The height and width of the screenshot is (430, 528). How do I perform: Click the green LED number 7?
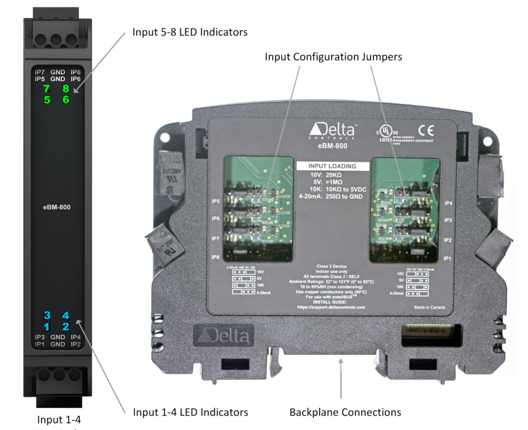[x=46, y=89]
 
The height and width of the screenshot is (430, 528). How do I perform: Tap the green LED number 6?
[x=65, y=100]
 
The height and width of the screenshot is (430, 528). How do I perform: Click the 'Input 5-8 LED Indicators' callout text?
[x=190, y=32]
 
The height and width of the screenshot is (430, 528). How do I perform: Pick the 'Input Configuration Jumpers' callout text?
[x=334, y=57]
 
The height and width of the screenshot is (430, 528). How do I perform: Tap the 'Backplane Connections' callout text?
[x=345, y=412]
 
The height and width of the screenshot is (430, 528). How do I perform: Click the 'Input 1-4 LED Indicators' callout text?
[x=190, y=412]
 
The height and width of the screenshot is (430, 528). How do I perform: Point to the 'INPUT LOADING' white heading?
[x=332, y=167]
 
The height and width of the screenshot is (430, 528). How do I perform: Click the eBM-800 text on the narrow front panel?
[x=57, y=207]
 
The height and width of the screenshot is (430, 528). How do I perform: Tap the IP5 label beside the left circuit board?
[x=216, y=201]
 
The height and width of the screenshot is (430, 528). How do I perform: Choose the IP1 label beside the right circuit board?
[x=448, y=258]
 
